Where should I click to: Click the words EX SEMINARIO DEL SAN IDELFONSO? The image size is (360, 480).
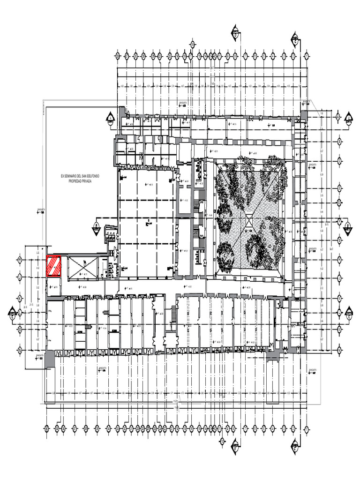[80, 176]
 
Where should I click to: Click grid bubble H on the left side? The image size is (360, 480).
[20, 259]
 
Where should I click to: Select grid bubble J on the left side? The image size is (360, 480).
[20, 276]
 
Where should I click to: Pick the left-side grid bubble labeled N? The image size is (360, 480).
[20, 350]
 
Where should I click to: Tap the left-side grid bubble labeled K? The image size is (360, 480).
[20, 298]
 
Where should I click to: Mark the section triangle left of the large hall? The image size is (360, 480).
[96, 228]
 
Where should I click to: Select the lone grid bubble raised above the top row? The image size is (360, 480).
[193, 45]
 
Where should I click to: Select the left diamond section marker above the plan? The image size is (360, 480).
[235, 33]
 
